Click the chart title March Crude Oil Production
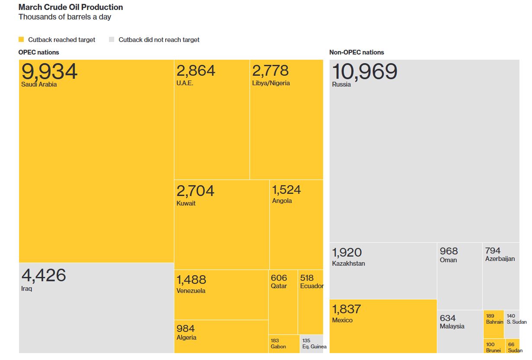71,7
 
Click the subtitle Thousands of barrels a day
64,17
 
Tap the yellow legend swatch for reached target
21,39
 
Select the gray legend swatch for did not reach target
111,39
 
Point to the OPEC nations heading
38,52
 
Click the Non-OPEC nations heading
356,52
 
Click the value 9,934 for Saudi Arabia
49,71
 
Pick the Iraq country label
26,289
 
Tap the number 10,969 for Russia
364,71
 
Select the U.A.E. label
185,83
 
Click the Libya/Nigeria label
271,83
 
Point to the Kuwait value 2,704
195,191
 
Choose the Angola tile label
282,201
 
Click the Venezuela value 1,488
191,280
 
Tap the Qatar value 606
279,278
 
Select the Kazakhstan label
348,264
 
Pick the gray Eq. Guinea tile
312,344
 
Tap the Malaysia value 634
448,318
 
